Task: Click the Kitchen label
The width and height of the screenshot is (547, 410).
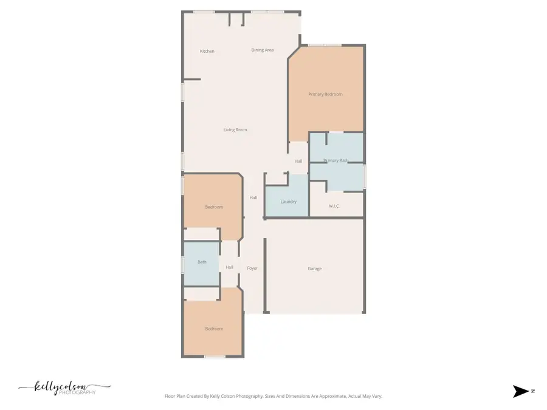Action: tap(207, 51)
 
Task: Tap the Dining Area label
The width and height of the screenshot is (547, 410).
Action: tap(263, 50)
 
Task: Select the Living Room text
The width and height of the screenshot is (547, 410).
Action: tap(235, 129)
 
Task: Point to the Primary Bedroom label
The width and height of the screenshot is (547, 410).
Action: tap(325, 94)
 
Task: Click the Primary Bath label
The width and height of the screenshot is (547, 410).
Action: tap(335, 160)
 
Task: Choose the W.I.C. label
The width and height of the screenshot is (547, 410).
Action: tap(334, 206)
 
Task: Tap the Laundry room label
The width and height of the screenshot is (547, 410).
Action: tap(289, 201)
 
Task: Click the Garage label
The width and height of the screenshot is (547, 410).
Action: tap(315, 268)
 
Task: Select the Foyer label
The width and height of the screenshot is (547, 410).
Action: tap(252, 268)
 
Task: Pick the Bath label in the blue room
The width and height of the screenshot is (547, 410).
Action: tap(202, 262)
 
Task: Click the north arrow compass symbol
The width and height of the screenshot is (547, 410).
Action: tap(521, 391)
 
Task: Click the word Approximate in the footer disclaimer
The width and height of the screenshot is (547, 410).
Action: tap(331, 396)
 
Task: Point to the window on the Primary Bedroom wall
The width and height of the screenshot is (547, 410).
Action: tap(325, 45)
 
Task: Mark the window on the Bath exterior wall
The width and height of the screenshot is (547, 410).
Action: tap(182, 264)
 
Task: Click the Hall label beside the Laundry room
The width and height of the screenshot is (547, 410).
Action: tap(253, 197)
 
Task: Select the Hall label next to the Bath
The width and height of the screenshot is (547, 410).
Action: tap(229, 267)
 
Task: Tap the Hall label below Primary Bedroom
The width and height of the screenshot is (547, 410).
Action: tap(298, 161)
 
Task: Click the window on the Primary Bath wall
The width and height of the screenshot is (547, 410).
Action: tap(364, 176)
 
